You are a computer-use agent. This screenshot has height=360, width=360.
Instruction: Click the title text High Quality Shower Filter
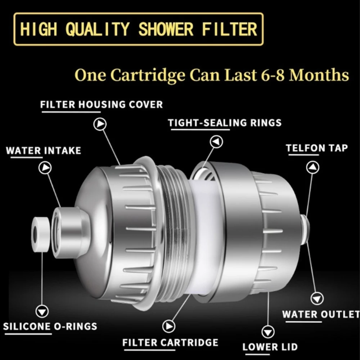click(139, 30)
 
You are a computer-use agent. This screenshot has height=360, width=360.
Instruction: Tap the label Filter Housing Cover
click(102, 105)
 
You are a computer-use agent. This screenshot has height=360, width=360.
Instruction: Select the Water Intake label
click(43, 150)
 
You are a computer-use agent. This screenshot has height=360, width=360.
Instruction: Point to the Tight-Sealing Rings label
click(225, 123)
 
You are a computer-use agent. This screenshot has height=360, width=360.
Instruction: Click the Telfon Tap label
click(317, 148)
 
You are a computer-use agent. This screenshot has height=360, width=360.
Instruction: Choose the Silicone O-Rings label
click(50, 327)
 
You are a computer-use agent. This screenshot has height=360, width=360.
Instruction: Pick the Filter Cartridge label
click(170, 342)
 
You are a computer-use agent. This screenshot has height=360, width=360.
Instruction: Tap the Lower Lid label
click(270, 347)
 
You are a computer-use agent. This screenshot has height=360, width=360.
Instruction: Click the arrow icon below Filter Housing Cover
click(100, 124)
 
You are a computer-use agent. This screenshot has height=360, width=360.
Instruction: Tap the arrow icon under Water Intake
click(45, 168)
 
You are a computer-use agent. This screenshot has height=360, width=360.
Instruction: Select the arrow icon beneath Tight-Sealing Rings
click(216, 142)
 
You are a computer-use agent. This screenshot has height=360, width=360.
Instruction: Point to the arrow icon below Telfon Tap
click(313, 167)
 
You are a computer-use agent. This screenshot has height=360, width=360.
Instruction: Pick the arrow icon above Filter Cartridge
click(168, 326)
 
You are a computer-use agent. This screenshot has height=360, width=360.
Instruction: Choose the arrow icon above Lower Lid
click(268, 332)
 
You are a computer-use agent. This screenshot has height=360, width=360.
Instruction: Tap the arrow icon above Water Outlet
click(317, 298)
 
